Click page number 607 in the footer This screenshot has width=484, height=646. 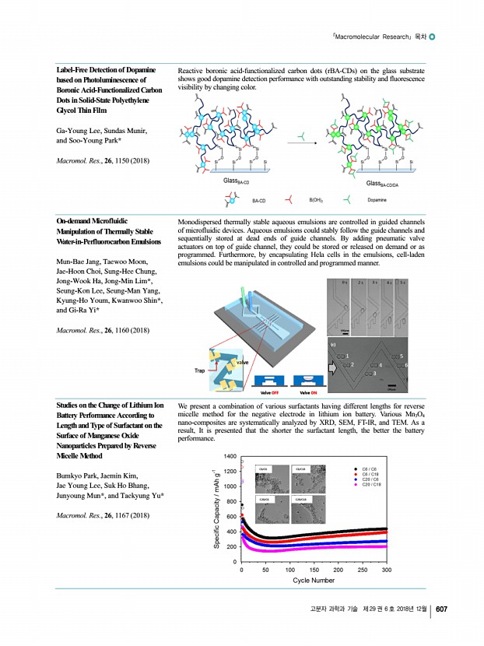pyautogui.click(x=440, y=608)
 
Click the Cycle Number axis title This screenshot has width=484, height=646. pyautogui.click(x=314, y=581)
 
